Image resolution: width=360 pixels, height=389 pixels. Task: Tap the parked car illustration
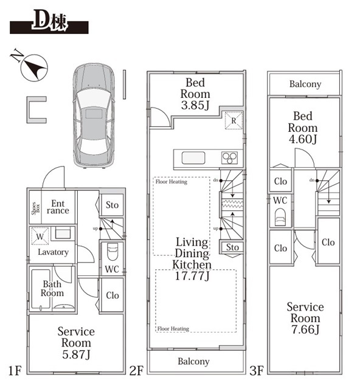[x=94, y=116]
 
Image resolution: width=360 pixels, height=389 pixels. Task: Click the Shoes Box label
[x=36, y=208]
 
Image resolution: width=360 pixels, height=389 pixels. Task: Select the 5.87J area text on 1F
[x=76, y=354]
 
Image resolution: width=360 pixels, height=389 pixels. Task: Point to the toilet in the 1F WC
[x=112, y=252]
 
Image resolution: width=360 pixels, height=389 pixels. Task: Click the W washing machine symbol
[x=40, y=236]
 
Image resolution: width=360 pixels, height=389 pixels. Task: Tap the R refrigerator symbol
[x=234, y=120]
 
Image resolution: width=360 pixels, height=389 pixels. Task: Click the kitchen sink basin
[x=193, y=158]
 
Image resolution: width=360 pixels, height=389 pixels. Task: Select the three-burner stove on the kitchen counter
[x=229, y=158]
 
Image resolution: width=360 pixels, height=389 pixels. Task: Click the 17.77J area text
[x=192, y=275]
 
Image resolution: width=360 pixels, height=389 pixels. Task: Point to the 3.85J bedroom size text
[x=195, y=105]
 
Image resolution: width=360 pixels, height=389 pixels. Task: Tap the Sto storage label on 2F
[x=232, y=247]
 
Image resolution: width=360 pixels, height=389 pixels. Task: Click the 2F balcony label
[x=193, y=362]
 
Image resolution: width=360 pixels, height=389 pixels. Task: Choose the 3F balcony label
[x=305, y=84]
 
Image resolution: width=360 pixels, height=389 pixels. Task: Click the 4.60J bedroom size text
[x=303, y=139]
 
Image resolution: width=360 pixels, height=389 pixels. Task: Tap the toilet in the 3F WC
[x=280, y=217]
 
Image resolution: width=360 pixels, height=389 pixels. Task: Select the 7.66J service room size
[x=305, y=329]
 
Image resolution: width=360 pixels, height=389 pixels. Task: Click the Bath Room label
[x=52, y=288]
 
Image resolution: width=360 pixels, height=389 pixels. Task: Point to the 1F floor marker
[x=15, y=371]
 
